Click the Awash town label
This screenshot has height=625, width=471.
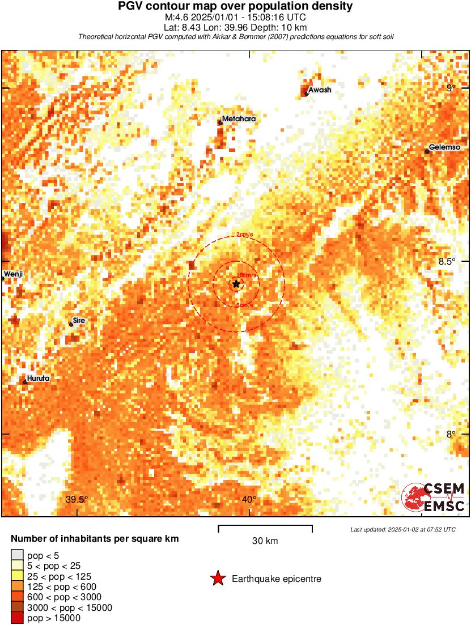pos(320,90)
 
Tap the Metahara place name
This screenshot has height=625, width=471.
pos(239,119)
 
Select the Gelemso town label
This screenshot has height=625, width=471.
pos(444,147)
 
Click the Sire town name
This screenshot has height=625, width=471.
pos(79,320)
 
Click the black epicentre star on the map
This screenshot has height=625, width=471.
pos(236,284)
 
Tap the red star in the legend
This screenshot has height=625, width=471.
pos(218,579)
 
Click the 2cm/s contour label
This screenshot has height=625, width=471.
pos(244,235)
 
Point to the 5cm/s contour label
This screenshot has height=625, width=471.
pos(244,305)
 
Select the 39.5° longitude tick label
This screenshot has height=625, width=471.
pos(77,499)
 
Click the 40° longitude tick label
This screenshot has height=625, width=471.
pos(249,499)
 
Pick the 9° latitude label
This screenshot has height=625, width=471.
pos(451,88)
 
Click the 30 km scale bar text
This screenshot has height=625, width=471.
pos(265,541)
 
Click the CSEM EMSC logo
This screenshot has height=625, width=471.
pos(434,497)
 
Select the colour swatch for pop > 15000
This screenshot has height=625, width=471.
pos(17,618)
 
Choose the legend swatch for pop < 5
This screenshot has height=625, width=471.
pos(17,555)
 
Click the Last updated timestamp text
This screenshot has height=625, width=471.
pos(403,529)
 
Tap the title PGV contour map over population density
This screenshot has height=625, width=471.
pos(235,7)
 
